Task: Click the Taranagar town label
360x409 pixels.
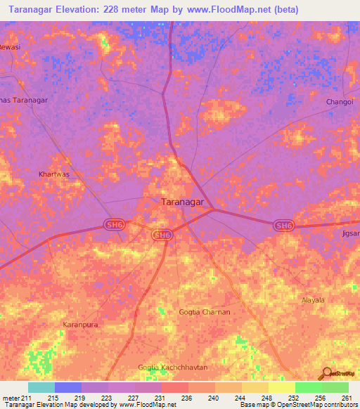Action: tap(183, 202)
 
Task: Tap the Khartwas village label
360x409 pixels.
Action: tap(53, 172)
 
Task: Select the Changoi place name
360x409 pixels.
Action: tap(340, 103)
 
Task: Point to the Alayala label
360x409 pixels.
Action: tap(313, 299)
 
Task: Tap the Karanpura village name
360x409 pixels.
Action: tap(79, 324)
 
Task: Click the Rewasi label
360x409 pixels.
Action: tap(9, 47)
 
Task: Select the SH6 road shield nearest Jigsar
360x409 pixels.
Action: tap(283, 224)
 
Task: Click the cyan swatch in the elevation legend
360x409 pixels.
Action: tap(41, 387)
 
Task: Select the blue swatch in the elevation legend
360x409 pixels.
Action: tap(68, 387)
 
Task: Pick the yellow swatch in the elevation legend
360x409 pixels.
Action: tap(282, 387)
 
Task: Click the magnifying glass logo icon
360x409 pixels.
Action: tap(326, 373)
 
